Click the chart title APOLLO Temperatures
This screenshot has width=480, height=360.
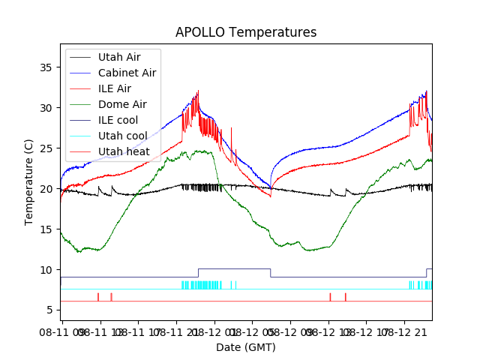(x=246, y=33)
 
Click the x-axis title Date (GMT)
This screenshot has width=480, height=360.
(x=246, y=347)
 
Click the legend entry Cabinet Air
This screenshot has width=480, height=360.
(x=127, y=73)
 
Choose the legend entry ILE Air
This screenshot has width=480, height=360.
(x=114, y=88)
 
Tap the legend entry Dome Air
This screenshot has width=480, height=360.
(x=122, y=104)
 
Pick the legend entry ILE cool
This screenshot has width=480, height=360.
(x=118, y=120)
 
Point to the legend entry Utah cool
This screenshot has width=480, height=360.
(x=122, y=136)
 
